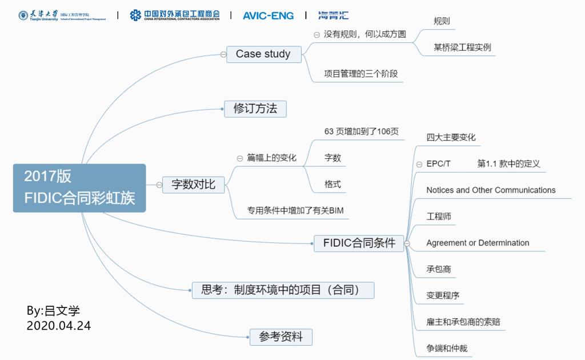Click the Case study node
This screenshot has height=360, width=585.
point(263,54)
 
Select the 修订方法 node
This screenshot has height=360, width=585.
point(255,109)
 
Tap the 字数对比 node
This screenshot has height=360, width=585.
point(194,184)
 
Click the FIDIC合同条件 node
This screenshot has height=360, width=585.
point(359,243)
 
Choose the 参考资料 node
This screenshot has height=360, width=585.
point(281,337)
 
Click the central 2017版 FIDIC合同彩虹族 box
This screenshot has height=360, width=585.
point(79,187)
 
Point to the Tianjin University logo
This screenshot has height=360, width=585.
point(62,15)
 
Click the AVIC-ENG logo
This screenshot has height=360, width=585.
point(269,15)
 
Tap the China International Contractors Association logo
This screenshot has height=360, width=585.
point(174,15)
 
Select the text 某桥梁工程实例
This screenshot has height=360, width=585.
point(462,47)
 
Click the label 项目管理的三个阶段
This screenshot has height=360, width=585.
point(360,73)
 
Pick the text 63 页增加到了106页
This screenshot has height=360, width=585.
point(361,131)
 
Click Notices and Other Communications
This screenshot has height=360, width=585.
point(491,190)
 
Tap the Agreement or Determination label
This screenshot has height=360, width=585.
point(478,243)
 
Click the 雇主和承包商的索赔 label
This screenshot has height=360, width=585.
point(463,322)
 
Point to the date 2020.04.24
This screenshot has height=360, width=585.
point(58,326)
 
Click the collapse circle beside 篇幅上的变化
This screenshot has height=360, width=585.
point(240,158)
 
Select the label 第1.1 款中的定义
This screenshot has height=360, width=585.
point(508,163)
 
